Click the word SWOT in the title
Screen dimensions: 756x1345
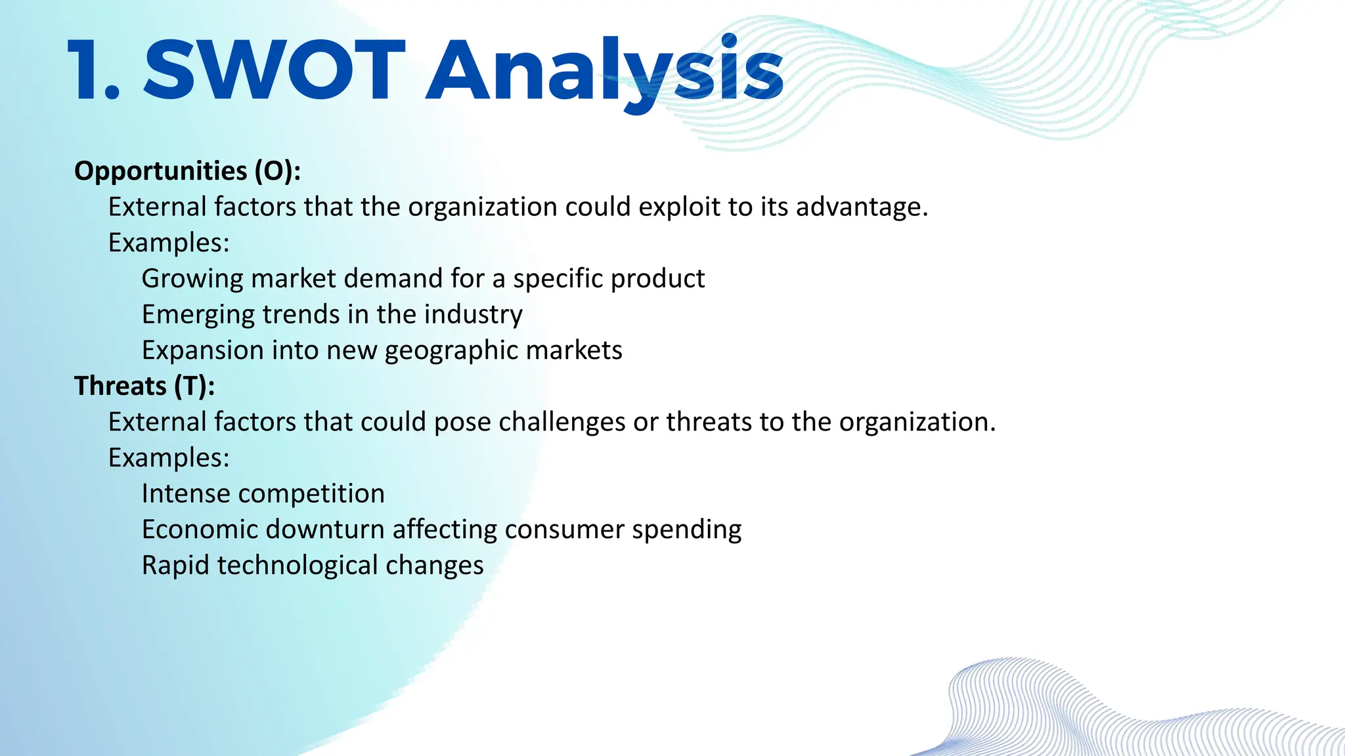275,70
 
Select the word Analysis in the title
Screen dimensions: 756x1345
604,70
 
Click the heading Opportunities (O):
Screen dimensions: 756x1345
187,171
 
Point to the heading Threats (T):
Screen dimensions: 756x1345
144,386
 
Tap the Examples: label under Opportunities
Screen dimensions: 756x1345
169,243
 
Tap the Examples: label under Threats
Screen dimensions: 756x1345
169,458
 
